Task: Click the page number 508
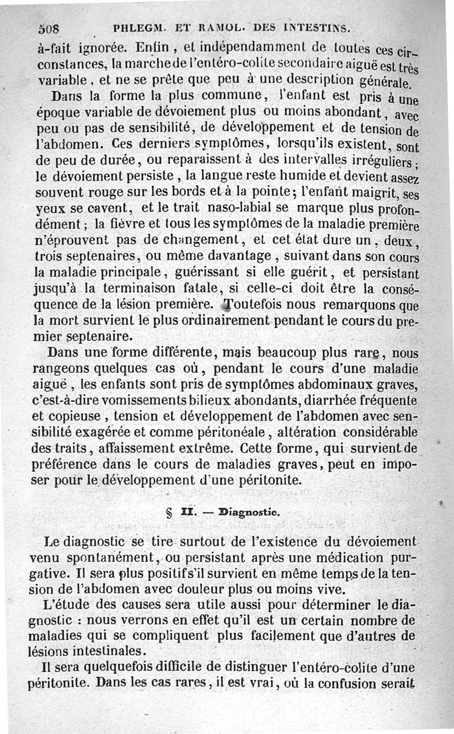coord(50,27)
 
